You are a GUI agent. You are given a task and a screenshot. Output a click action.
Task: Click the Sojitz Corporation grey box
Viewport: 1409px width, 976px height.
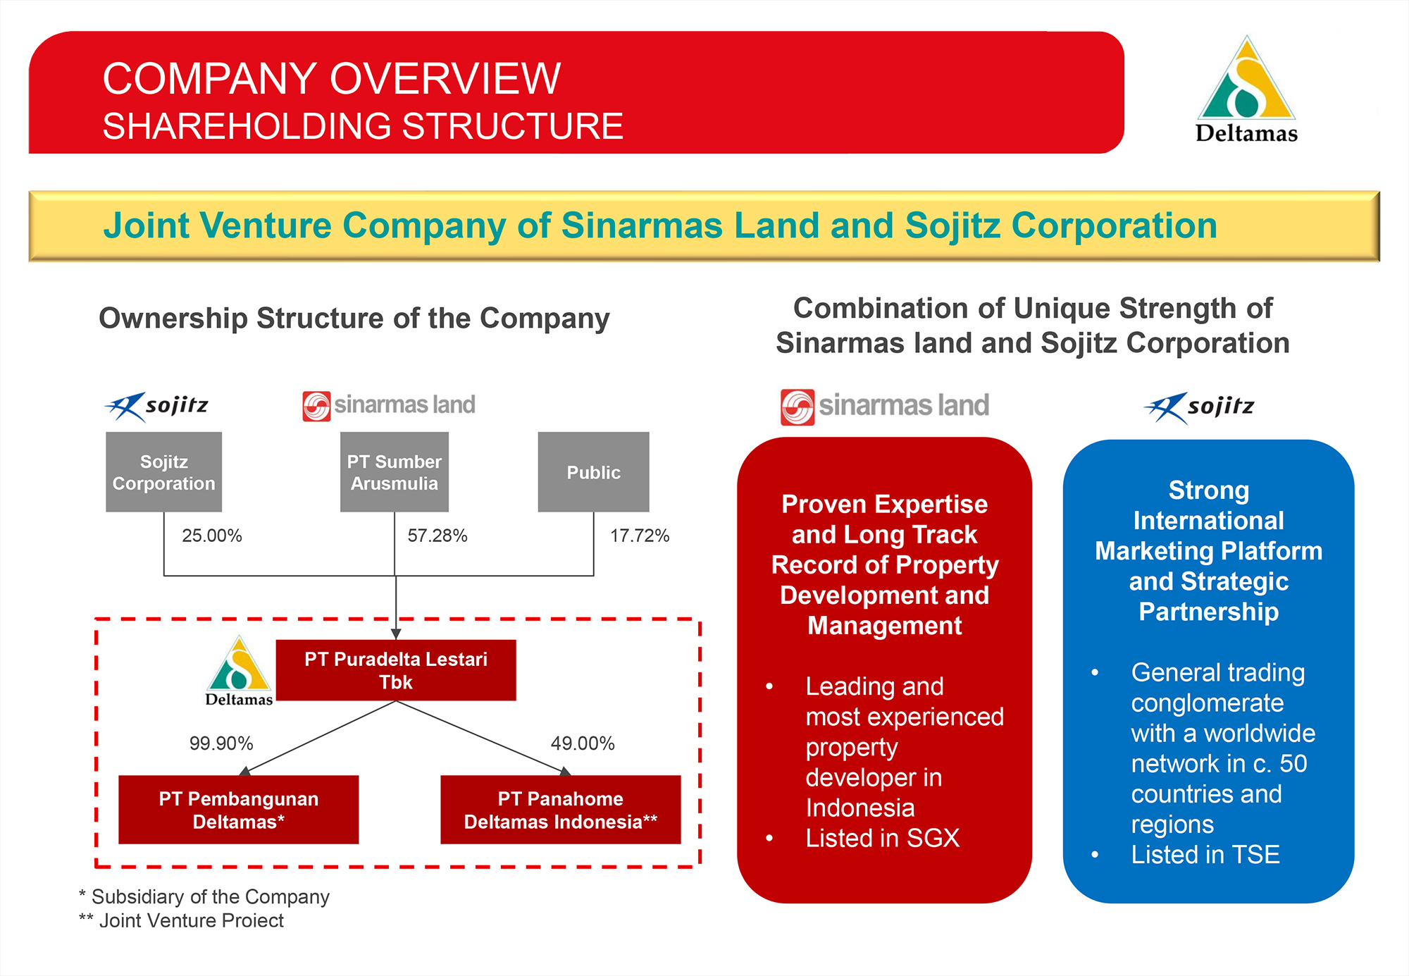(163, 471)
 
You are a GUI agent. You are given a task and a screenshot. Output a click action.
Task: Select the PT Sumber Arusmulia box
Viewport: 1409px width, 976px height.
(394, 471)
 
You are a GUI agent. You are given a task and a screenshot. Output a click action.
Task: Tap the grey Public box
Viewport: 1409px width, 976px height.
(593, 471)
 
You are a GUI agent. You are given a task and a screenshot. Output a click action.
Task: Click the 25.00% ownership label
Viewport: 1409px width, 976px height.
(211, 536)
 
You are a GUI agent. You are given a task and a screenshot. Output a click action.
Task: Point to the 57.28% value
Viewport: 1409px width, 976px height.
(437, 536)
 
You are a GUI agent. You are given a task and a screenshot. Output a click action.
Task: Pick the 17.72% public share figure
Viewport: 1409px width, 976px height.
(639, 536)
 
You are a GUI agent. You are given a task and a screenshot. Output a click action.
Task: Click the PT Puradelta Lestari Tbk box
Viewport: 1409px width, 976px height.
(395, 670)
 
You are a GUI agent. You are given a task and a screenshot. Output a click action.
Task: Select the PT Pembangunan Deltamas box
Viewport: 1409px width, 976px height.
(238, 810)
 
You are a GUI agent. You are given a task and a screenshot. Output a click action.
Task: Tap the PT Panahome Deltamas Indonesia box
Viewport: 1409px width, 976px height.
(560, 810)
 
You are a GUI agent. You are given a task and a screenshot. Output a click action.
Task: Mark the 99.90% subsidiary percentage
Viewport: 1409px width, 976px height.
(221, 743)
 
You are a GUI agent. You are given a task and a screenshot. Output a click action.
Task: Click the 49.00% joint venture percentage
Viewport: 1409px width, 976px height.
(582, 743)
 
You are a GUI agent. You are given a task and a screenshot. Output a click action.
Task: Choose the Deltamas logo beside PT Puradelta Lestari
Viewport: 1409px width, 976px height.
(239, 672)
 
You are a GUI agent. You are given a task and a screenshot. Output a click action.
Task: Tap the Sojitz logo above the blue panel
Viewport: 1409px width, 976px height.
(1198, 407)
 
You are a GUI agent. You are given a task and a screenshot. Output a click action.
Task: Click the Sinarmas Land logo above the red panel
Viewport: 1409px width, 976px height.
(884, 407)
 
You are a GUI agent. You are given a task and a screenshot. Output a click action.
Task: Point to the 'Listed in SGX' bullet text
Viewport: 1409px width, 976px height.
(882, 838)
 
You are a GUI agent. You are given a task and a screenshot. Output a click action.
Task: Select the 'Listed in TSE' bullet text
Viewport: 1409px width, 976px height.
(1205, 855)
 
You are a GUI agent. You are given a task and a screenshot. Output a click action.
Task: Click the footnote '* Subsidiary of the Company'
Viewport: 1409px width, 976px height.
(204, 896)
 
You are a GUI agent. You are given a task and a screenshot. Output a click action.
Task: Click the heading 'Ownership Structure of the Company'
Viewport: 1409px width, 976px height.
(354, 319)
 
